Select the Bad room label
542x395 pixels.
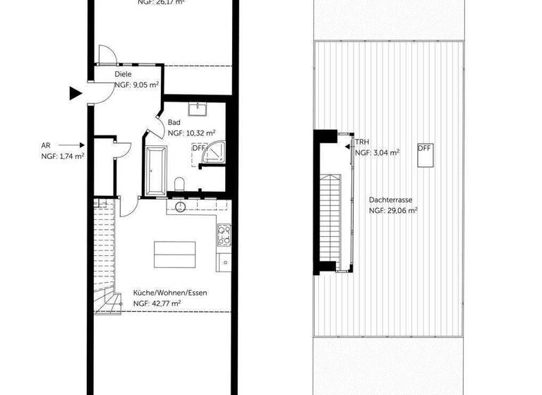point(174,122)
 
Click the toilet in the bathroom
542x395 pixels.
point(179,185)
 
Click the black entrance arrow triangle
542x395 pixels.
point(75,92)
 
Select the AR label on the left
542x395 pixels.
point(46,146)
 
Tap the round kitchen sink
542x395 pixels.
point(180,207)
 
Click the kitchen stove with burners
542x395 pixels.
point(224,233)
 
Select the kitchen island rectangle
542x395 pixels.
point(176,254)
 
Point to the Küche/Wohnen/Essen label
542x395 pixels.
point(170,293)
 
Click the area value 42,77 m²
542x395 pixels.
point(157,303)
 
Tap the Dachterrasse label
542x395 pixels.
point(390,200)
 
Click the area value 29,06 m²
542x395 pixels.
point(393,210)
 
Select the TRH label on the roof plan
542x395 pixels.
point(362,142)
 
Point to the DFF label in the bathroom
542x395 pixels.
point(198,148)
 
